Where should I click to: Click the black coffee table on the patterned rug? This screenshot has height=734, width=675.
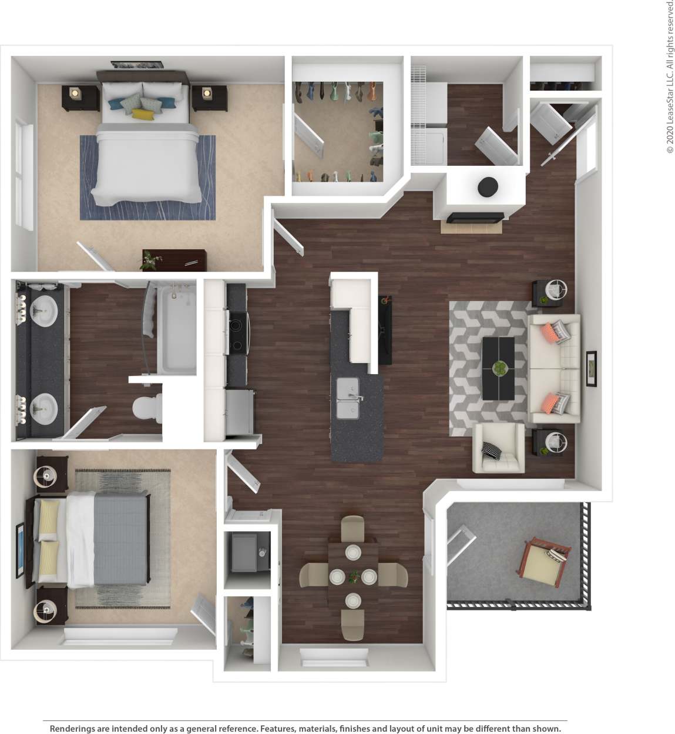tap(498, 368)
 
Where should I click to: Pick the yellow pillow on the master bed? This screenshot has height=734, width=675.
tap(143, 114)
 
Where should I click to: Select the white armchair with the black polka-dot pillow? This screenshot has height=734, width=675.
tap(498, 448)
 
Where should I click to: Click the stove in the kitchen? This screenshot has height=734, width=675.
tap(238, 324)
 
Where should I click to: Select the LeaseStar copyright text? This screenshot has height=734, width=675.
tap(669, 76)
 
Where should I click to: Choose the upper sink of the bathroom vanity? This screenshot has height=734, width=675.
tap(43, 310)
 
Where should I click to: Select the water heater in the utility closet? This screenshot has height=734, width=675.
tap(245, 551)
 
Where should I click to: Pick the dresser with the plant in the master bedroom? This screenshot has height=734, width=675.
tap(174, 260)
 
